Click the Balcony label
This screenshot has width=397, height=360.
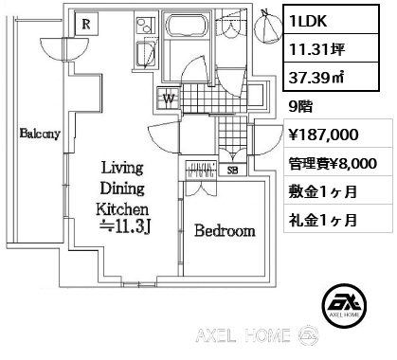(40, 134)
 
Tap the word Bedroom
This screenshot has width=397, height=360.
(225, 230)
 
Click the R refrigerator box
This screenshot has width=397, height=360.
(86, 24)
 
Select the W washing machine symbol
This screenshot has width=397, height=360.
(169, 99)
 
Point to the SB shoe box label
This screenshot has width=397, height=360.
(233, 171)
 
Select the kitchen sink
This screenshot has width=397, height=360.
(146, 54)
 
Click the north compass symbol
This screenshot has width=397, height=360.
(268, 27)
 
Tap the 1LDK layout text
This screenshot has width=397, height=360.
(308, 21)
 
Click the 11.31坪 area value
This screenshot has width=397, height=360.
(316, 49)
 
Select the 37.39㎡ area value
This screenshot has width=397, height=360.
(316, 78)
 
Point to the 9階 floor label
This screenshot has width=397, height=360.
(300, 107)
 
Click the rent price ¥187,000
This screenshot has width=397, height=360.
(324, 135)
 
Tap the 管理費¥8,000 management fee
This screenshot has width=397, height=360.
(333, 164)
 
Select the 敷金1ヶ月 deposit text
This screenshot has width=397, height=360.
(323, 191)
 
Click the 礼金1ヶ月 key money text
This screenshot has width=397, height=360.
(323, 220)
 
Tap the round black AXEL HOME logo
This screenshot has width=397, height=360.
(344, 305)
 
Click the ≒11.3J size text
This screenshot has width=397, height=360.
(125, 227)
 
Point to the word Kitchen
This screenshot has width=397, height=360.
(122, 208)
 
